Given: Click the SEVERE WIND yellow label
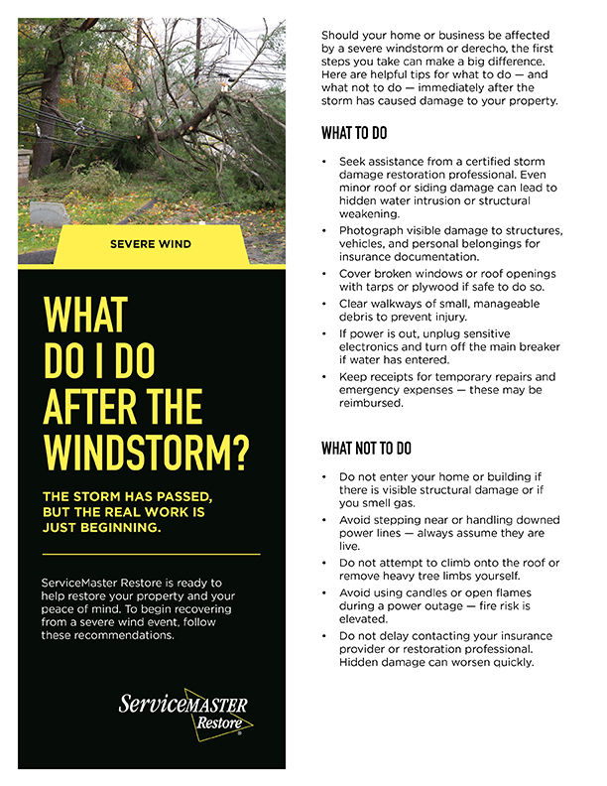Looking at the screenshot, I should (x=152, y=243).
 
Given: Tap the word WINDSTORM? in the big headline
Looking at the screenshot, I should (x=147, y=451).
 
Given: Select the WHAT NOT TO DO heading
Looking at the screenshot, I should (x=366, y=449).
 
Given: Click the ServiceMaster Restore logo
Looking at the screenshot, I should (x=184, y=713).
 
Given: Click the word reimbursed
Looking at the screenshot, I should (x=371, y=404).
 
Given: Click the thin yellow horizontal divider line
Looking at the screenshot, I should (x=152, y=553).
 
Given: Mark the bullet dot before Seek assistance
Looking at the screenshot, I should (x=324, y=161).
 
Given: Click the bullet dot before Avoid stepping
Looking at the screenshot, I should (x=324, y=520).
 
